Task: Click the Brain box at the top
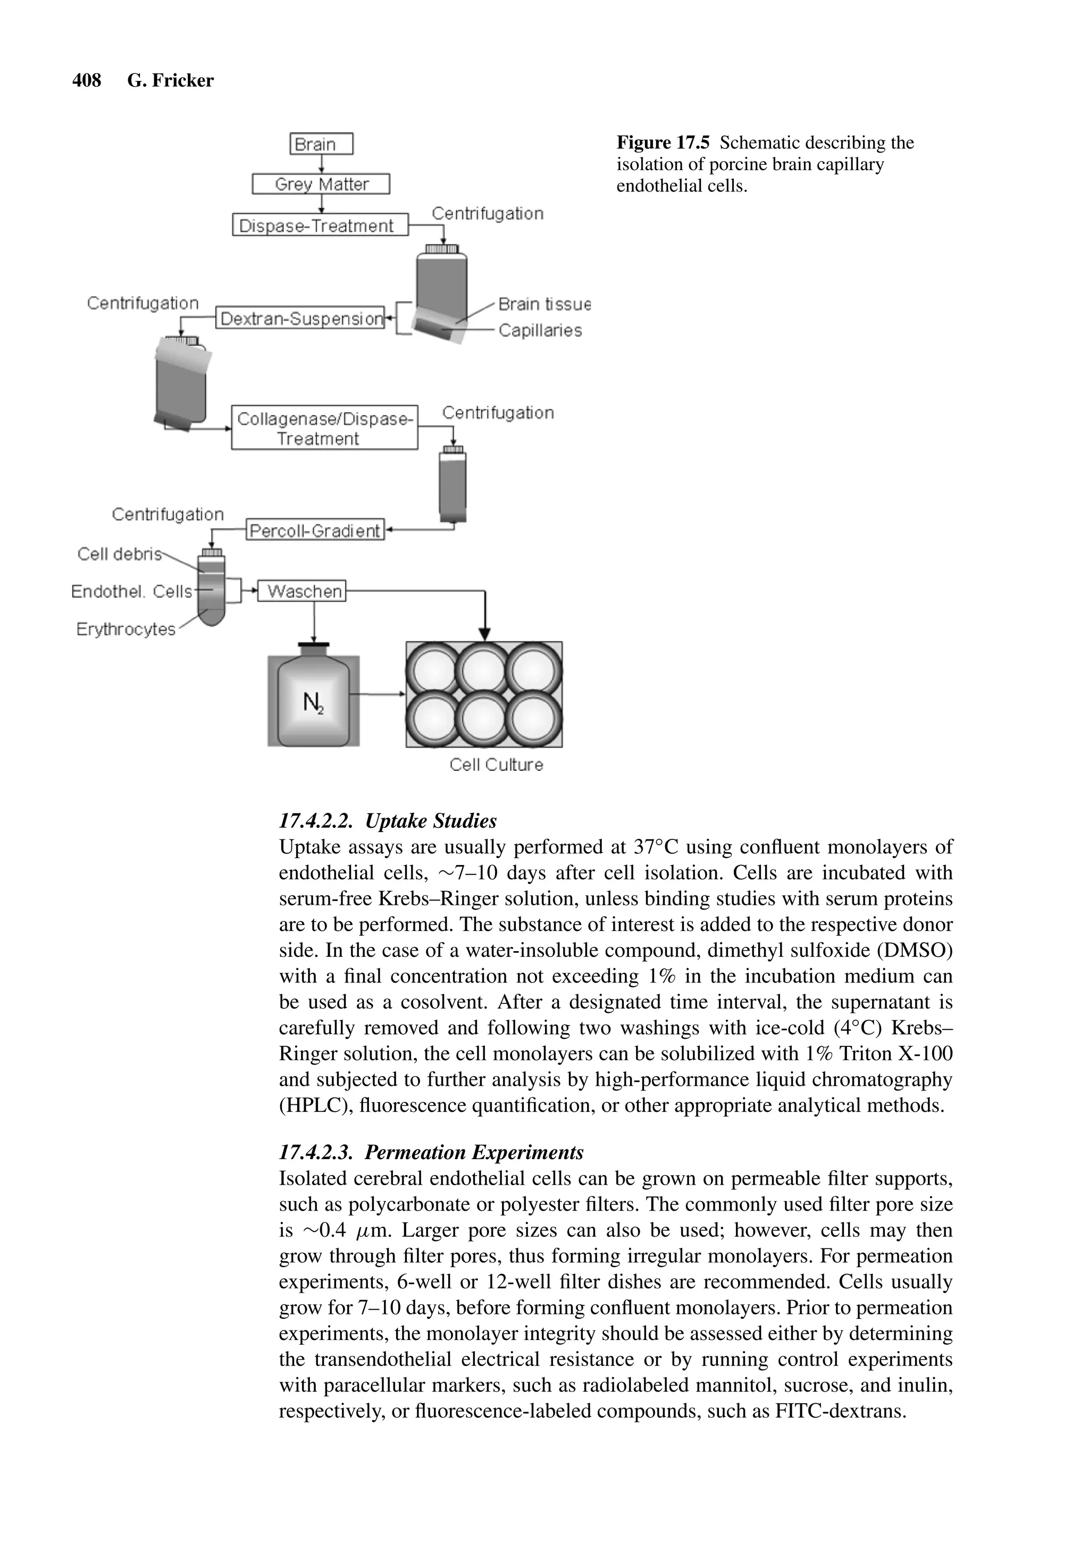pyautogui.click(x=321, y=145)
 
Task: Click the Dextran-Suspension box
pyautogui.click(x=300, y=318)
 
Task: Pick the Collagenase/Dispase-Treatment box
pyautogui.click(x=324, y=428)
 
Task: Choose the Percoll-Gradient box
pyautogui.click(x=315, y=530)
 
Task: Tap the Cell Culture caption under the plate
pyautogui.click(x=496, y=765)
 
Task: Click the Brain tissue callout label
pyautogui.click(x=544, y=304)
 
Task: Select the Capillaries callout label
pyautogui.click(x=540, y=331)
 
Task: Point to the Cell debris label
pyautogui.click(x=119, y=555)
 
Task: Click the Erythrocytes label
pyautogui.click(x=125, y=629)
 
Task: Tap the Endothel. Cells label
pyautogui.click(x=131, y=592)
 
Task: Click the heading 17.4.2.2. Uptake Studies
pyautogui.click(x=387, y=821)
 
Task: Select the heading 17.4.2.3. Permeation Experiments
pyautogui.click(x=431, y=1153)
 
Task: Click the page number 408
pyautogui.click(x=86, y=81)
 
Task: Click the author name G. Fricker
pyautogui.click(x=170, y=81)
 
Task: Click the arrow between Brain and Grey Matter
pyautogui.click(x=321, y=165)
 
